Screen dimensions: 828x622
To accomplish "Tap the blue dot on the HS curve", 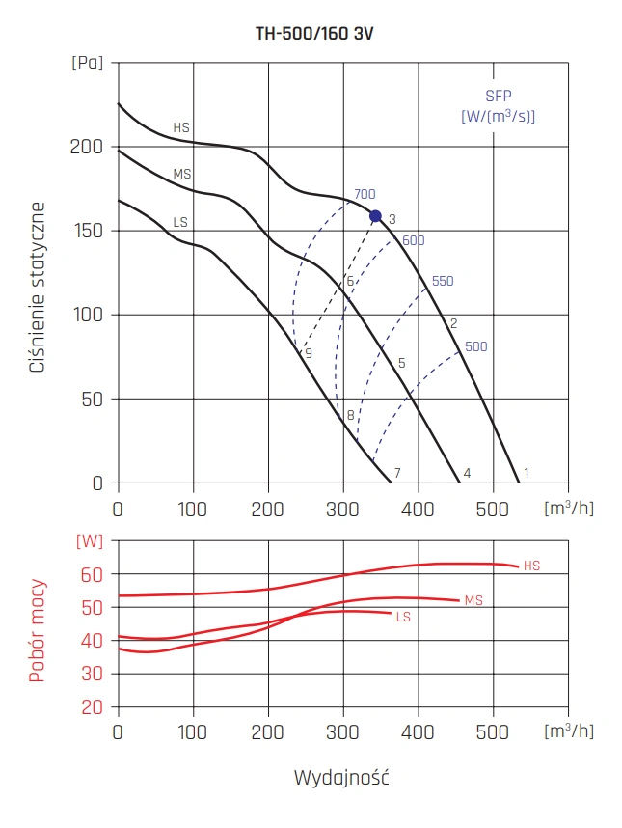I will tap(376, 216).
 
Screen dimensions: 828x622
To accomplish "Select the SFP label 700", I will tap(365, 194).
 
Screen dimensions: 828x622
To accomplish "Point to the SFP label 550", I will tap(443, 281).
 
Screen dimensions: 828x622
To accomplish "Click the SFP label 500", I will tap(476, 346).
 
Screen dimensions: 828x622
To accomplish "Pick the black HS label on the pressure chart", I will tap(181, 127).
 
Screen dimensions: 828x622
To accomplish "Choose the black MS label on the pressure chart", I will tap(181, 175).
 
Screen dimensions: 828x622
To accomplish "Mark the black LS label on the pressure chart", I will tap(180, 222).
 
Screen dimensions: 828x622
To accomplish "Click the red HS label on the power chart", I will tap(532, 566).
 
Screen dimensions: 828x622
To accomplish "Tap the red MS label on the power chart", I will tap(473, 600).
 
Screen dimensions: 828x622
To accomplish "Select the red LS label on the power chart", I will tap(403, 616).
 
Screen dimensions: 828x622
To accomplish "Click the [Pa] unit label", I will tap(86, 63).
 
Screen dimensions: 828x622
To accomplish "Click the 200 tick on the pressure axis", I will tap(86, 147).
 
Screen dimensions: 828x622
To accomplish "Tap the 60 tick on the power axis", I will tap(91, 574).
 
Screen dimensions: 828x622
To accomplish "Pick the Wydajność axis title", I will tap(342, 776).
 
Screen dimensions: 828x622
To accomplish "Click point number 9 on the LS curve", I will tap(309, 354).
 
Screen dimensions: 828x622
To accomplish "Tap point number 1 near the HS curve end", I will tap(527, 473).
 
